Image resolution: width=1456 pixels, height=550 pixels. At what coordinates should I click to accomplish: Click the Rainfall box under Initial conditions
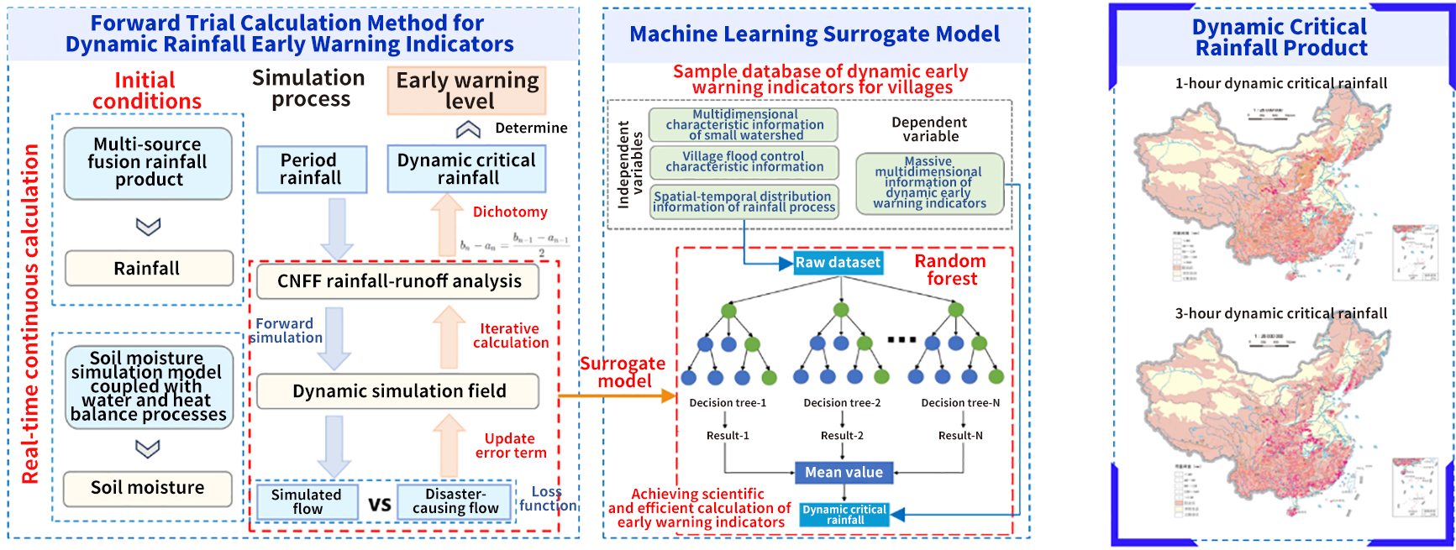click(149, 269)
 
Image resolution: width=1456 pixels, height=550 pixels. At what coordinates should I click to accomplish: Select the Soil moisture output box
click(148, 488)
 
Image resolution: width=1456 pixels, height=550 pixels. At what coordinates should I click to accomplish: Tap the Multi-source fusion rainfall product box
click(148, 163)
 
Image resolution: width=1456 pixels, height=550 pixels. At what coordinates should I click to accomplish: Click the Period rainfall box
click(311, 169)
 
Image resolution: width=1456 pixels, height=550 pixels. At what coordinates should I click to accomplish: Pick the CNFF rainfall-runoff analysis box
click(398, 281)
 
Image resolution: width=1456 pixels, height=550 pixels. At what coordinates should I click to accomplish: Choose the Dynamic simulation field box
click(398, 391)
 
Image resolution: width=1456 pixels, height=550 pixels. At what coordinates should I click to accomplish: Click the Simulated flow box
click(307, 501)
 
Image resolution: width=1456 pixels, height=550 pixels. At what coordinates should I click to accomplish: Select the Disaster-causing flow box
click(455, 501)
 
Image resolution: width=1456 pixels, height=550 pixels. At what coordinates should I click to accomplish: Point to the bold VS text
click(380, 505)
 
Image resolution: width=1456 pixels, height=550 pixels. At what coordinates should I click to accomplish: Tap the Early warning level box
click(467, 91)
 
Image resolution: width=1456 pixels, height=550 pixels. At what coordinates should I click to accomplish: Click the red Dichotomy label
click(510, 212)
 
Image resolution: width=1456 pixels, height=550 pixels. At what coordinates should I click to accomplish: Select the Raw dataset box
click(838, 263)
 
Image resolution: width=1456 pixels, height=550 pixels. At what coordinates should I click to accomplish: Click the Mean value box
click(844, 473)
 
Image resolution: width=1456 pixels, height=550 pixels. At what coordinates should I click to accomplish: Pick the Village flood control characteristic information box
click(744, 162)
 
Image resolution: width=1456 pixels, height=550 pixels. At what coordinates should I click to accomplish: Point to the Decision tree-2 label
click(842, 403)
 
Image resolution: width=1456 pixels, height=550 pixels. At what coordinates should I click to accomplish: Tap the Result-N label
click(961, 436)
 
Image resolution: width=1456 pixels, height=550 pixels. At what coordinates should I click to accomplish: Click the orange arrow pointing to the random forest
click(618, 395)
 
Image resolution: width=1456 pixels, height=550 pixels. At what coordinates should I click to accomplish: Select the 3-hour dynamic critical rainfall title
click(1280, 313)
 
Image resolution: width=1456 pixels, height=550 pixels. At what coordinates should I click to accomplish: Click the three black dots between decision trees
click(901, 340)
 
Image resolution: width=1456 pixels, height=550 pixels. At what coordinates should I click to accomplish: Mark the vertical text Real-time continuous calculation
click(30, 314)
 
